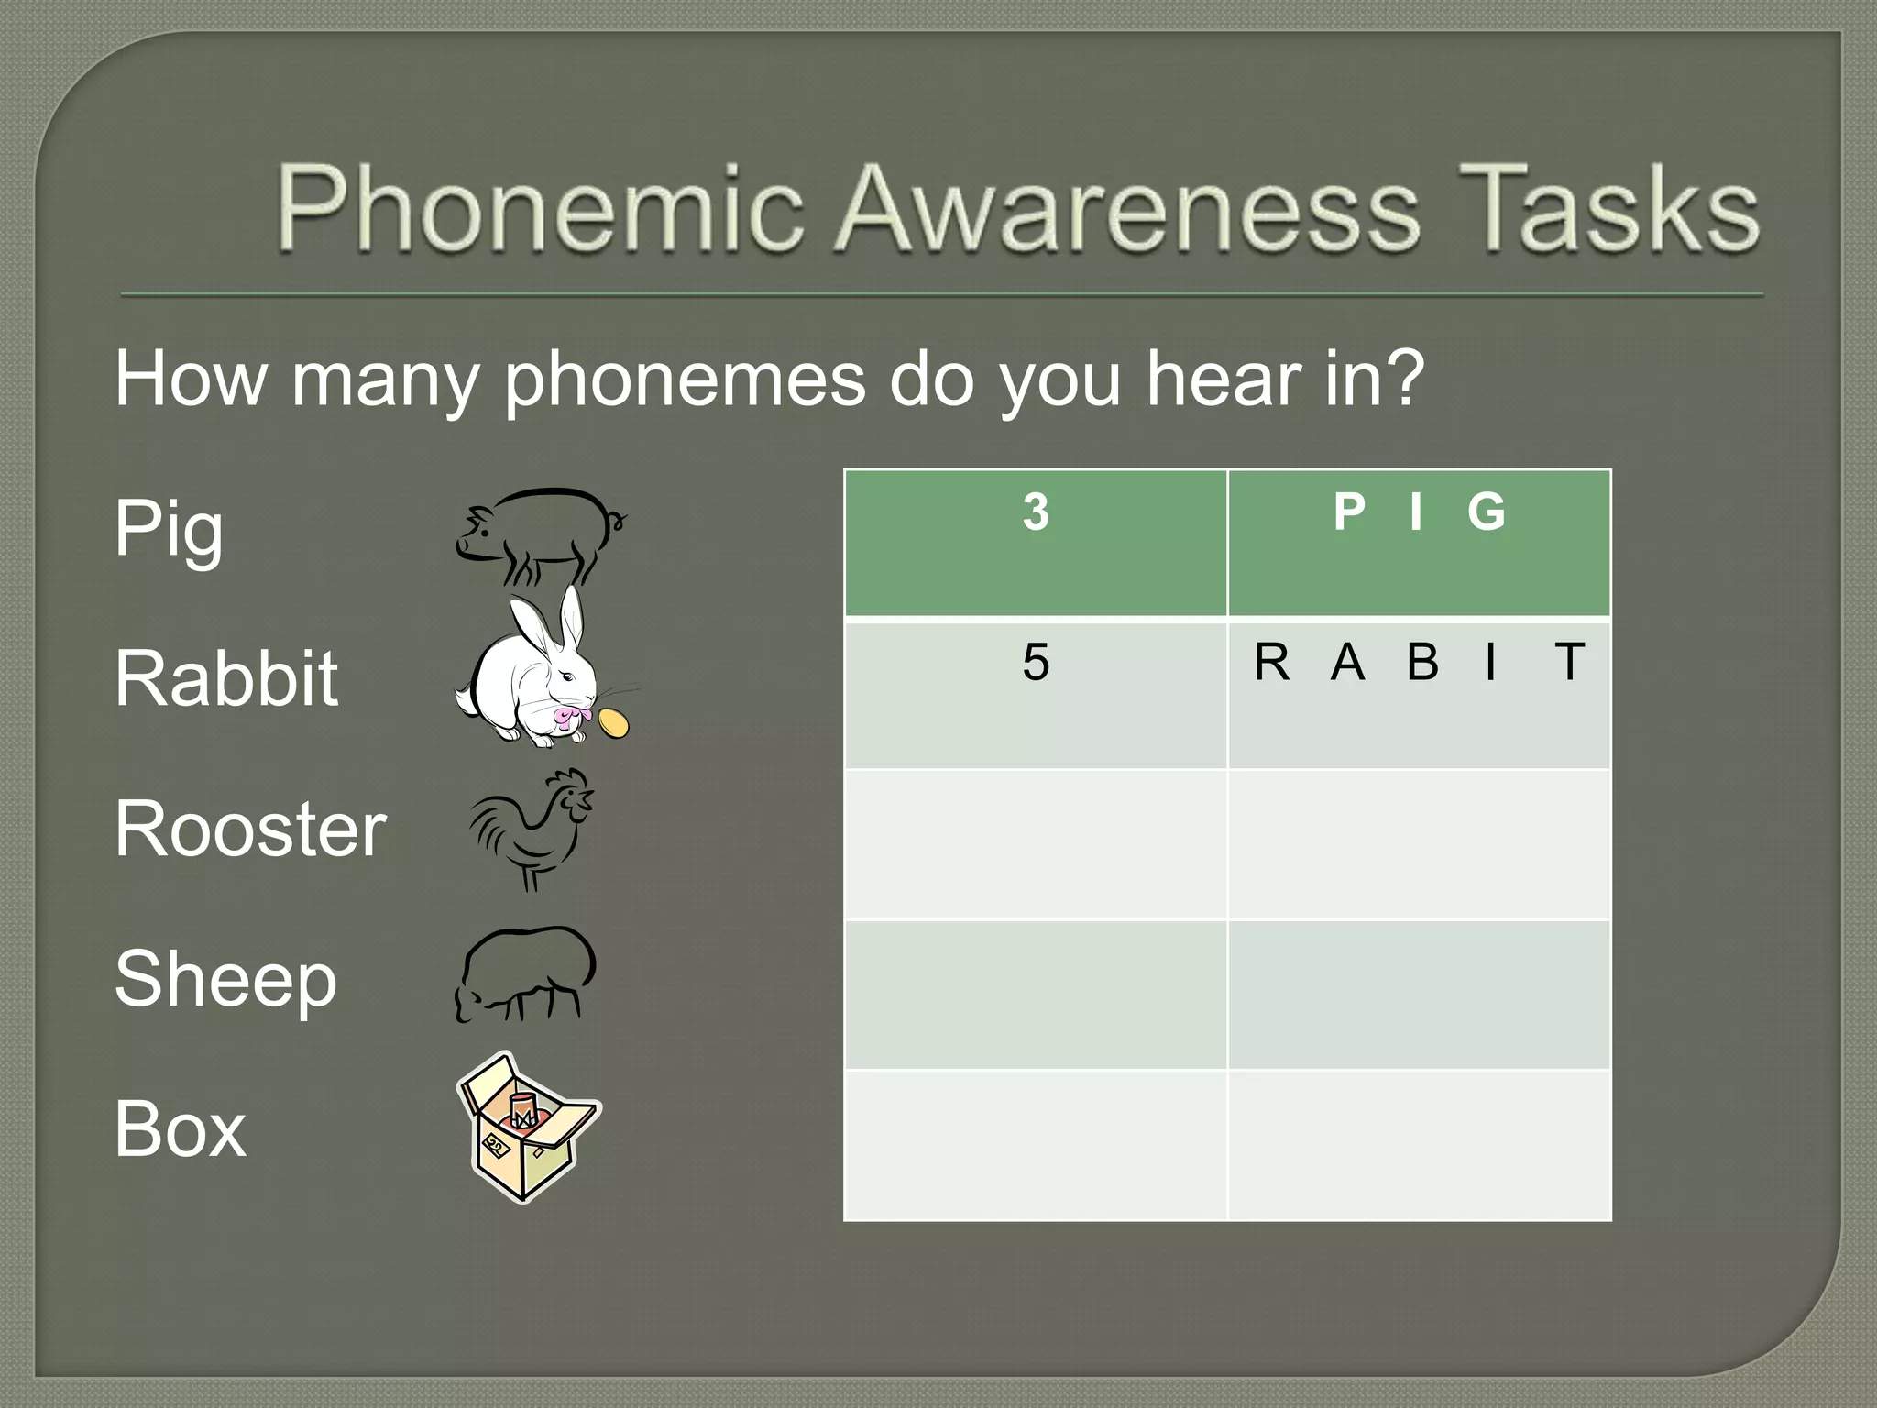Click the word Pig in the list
tap(169, 529)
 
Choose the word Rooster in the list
tap(249, 830)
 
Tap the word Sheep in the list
tap(225, 980)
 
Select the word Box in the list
tap(180, 1129)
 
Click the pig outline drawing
tap(541, 535)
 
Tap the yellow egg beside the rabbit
tap(613, 722)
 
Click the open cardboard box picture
tap(527, 1127)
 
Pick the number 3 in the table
tap(1036, 511)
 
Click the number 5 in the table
tap(1036, 662)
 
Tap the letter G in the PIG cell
tap(1486, 511)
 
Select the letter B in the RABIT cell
tap(1422, 662)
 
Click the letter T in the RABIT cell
tap(1569, 662)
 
